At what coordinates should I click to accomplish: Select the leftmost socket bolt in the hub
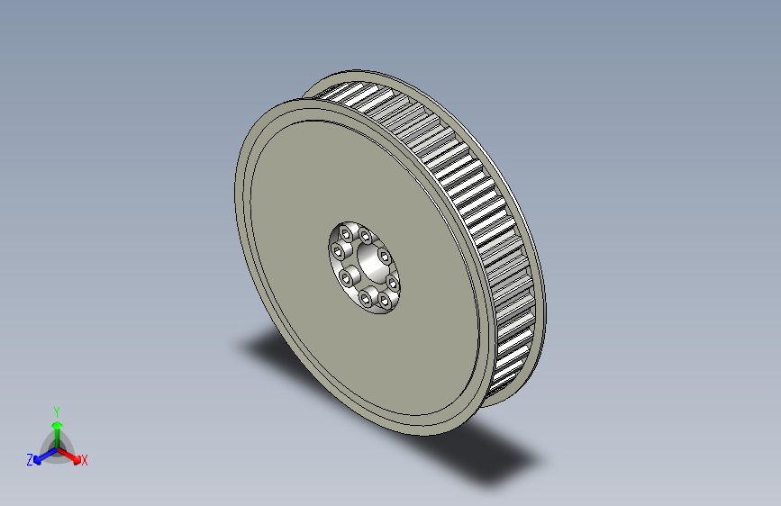coord(340,251)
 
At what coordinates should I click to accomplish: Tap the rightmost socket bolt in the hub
coord(393,284)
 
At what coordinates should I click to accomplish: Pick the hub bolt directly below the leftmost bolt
coord(345,278)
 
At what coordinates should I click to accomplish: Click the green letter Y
coord(57,411)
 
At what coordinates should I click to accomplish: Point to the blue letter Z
coord(30,460)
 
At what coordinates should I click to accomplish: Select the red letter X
coord(84,460)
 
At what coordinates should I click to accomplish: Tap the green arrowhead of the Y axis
coord(58,425)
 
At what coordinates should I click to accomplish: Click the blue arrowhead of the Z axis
coord(38,461)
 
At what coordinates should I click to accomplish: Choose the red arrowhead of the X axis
coord(77,459)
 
